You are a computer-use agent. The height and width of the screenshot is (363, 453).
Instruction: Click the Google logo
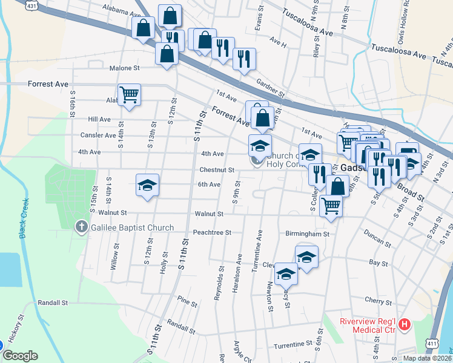coord(20,356)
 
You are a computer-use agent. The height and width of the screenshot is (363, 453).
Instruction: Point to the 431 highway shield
coord(31,5)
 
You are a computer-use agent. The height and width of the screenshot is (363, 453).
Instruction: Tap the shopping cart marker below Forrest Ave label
coord(129,94)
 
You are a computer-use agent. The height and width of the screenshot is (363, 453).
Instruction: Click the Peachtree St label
coord(212,232)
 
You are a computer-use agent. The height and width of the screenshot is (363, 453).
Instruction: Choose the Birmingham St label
coord(308,234)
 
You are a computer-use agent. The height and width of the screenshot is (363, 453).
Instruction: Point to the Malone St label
coord(125,68)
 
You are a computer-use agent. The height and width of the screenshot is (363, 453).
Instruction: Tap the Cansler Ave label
coord(102,136)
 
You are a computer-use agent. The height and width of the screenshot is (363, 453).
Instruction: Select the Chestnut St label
coord(217,170)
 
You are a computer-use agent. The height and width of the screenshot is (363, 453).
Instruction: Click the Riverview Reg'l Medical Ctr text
coord(367,325)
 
